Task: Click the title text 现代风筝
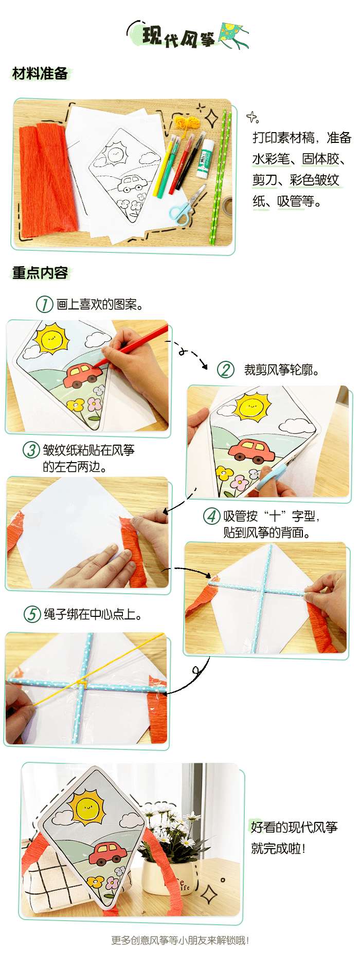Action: [x=178, y=36]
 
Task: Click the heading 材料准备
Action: [x=40, y=74]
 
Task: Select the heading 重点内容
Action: [x=40, y=272]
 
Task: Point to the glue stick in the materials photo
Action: [x=205, y=157]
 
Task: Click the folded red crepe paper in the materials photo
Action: [x=46, y=180]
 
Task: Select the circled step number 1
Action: [x=45, y=304]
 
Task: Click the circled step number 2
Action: [x=225, y=370]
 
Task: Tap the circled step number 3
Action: [x=31, y=450]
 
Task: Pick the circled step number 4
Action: [x=211, y=516]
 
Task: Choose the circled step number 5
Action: [x=32, y=614]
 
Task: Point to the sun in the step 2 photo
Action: [x=252, y=407]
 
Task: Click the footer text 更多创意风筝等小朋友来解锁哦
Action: [x=180, y=940]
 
